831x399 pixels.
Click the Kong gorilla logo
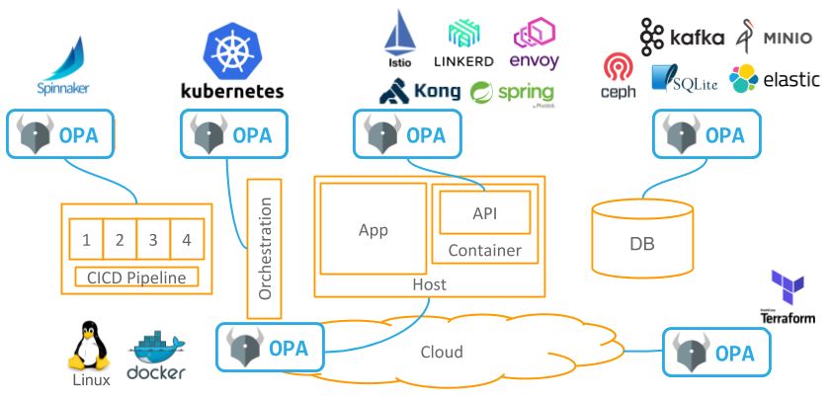tap(420, 92)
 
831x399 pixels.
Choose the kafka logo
tap(682, 38)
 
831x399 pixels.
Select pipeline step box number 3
tap(152, 240)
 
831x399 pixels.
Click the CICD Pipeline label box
tap(137, 278)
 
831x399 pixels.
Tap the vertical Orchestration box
tap(264, 248)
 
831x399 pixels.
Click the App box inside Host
tap(374, 229)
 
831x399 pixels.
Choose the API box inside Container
tap(485, 212)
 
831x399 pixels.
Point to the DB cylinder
tap(641, 239)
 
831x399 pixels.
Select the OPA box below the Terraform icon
tap(715, 353)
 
